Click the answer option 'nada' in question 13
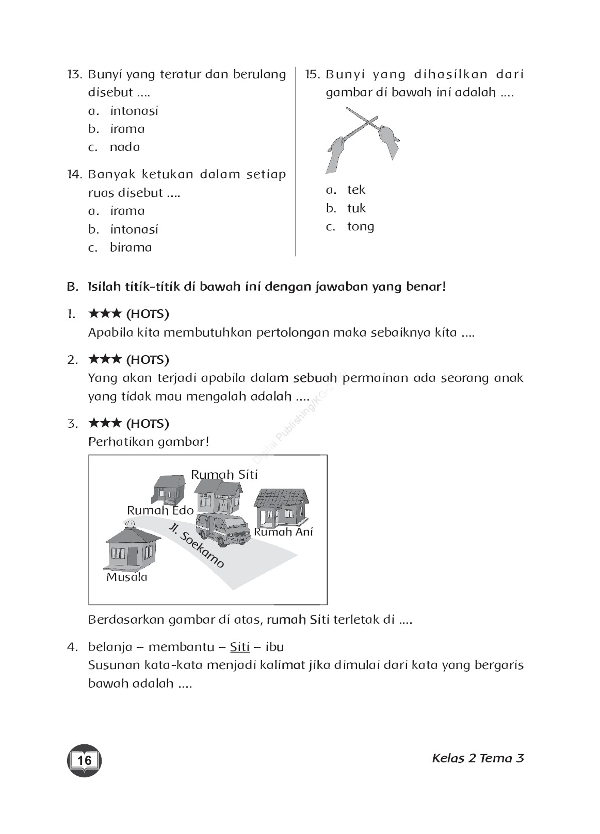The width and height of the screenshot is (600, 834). pyautogui.click(x=124, y=147)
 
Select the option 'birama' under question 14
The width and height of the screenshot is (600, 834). pyautogui.click(x=131, y=247)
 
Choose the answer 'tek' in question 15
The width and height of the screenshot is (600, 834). pyautogui.click(x=356, y=190)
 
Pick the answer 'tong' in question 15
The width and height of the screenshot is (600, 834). pyautogui.click(x=361, y=226)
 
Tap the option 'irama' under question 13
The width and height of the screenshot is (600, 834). pyautogui.click(x=127, y=129)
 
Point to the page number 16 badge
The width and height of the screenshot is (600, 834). pyautogui.click(x=85, y=760)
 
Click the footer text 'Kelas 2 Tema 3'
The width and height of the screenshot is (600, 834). pyautogui.click(x=478, y=758)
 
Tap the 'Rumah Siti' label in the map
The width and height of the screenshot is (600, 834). pyautogui.click(x=224, y=475)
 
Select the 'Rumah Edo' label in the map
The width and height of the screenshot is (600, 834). pyautogui.click(x=160, y=510)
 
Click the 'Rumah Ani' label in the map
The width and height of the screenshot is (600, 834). pyautogui.click(x=283, y=532)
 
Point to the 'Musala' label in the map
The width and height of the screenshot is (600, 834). pyautogui.click(x=127, y=577)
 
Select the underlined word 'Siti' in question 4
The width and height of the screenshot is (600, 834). pyautogui.click(x=239, y=647)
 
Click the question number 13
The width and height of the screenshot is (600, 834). pyautogui.click(x=75, y=74)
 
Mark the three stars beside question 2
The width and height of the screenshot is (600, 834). pyautogui.click(x=105, y=359)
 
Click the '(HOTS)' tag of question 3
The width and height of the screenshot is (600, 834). pyautogui.click(x=148, y=424)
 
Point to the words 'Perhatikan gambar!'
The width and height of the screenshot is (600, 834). pyautogui.click(x=149, y=442)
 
